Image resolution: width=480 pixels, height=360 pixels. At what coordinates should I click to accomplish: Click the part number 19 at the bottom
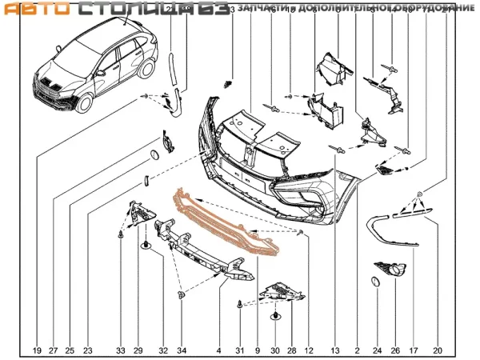click(37, 350)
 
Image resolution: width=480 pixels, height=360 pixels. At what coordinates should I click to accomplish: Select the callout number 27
click(54, 350)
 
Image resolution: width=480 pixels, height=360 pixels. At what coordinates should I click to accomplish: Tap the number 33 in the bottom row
click(120, 350)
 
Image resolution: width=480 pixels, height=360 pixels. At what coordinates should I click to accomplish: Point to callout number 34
click(182, 350)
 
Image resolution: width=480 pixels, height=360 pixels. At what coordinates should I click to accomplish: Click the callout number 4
click(218, 350)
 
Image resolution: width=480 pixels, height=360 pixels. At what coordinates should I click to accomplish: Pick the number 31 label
click(239, 350)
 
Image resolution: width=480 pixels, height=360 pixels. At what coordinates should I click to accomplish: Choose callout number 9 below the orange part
click(258, 350)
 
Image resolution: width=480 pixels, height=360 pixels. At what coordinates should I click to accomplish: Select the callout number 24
click(374, 350)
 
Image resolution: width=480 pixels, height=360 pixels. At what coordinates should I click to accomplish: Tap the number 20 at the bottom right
click(437, 350)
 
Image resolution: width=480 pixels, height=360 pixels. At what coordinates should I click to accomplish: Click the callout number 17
click(414, 350)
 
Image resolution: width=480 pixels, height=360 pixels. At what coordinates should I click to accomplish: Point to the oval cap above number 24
click(373, 282)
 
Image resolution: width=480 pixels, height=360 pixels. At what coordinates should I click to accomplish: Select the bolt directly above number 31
click(240, 305)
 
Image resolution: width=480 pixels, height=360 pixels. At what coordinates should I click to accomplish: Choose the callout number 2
click(356, 350)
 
